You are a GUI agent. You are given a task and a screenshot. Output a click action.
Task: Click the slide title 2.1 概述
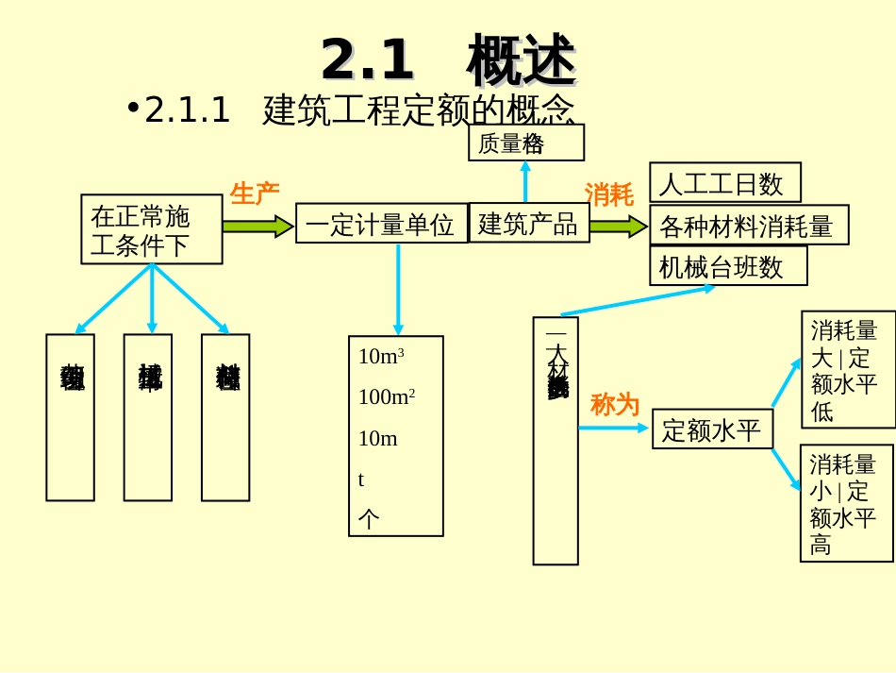point(448,59)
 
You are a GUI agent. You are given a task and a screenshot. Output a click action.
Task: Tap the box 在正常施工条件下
point(151,229)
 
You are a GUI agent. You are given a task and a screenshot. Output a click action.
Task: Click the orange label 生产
point(255,194)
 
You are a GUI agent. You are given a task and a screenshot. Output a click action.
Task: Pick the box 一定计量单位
point(381,224)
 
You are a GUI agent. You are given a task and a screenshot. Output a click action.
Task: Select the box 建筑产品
point(528,224)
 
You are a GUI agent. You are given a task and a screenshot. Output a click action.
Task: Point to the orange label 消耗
point(608,194)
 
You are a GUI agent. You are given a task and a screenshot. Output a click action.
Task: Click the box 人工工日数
point(724,183)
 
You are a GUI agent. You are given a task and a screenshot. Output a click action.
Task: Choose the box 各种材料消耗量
point(748,226)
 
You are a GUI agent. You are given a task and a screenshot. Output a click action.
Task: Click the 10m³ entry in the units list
point(381,357)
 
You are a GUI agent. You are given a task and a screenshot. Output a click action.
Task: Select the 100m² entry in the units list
point(387,397)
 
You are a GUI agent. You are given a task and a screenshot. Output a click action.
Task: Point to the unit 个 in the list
point(369,518)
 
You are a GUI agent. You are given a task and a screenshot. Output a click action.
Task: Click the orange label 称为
point(614,405)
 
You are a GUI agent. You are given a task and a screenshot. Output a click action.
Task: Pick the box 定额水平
point(712,429)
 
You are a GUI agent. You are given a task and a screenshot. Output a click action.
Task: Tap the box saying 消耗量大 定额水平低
point(847,370)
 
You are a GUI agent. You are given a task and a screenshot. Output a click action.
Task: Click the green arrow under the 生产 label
point(257,227)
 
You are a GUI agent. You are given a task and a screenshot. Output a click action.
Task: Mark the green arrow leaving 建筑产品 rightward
point(618,227)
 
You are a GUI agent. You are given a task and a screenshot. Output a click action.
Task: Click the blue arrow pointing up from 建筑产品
point(525,181)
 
